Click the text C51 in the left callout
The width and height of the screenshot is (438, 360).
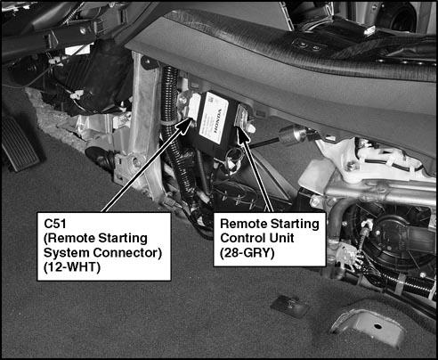point(55,224)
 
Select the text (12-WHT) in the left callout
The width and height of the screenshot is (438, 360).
point(72,267)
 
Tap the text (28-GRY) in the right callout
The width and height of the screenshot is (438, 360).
point(247,253)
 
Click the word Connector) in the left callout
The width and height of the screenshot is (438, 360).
point(127,253)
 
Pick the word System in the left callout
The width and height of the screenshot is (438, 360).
point(67,253)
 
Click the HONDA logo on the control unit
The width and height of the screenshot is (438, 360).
point(217,120)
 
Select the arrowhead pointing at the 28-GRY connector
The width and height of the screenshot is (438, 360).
point(242,133)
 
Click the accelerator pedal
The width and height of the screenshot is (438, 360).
point(20,145)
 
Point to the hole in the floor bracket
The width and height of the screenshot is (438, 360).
point(377,326)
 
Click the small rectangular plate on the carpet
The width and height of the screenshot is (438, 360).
point(288,306)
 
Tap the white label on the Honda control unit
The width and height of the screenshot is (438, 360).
point(214,118)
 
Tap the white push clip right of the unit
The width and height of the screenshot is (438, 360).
point(251,128)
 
